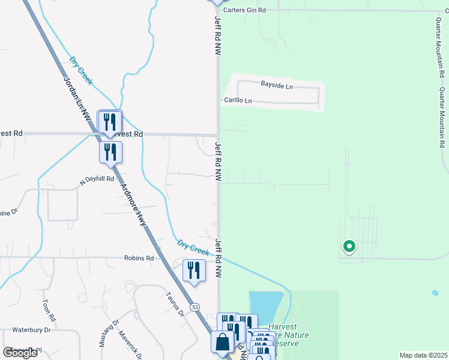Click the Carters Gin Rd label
pyautogui.click(x=244, y=10)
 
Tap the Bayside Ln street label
pyautogui.click(x=276, y=86)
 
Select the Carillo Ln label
pyautogui.click(x=238, y=100)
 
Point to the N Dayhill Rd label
pyautogui.click(x=97, y=179)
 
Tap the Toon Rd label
pyautogui.click(x=49, y=310)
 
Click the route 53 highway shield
pyautogui.click(x=195, y=307)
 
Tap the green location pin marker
pyautogui.click(x=348, y=247)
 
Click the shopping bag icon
pyautogui.click(x=222, y=342)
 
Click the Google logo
pyautogui.click(x=20, y=353)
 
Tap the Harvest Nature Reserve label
pyautogui.click(x=288, y=335)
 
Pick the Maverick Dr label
pyautogui.click(x=130, y=345)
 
